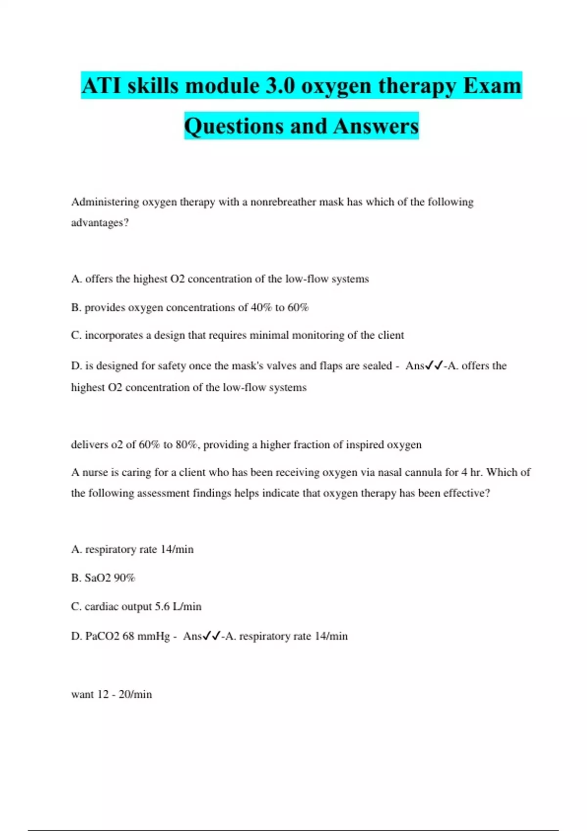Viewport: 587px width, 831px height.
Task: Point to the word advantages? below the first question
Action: pyautogui.click(x=100, y=223)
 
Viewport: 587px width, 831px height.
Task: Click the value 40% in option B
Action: pyautogui.click(x=261, y=307)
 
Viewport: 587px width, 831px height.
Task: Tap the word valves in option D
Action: pyautogui.click(x=277, y=366)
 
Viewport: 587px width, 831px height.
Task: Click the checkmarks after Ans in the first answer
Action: pyautogui.click(x=434, y=366)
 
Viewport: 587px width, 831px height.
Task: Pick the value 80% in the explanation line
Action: pyautogui.click(x=186, y=445)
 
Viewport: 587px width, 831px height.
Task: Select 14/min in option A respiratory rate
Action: pyautogui.click(x=177, y=549)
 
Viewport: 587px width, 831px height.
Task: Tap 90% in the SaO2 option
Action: pyautogui.click(x=124, y=578)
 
